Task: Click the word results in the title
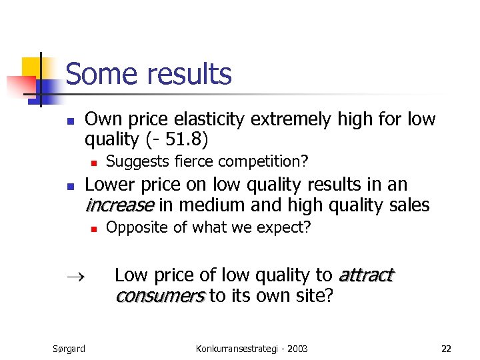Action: coord(193,74)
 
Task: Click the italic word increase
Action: coord(119,205)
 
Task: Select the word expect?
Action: coord(285,228)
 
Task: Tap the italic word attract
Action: coord(366,275)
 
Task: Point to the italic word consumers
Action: coord(159,295)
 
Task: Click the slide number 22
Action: coord(446,348)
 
